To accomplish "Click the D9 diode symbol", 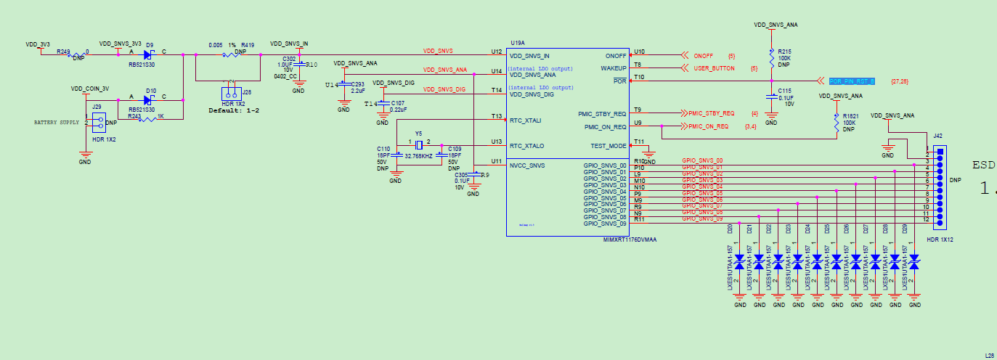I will (x=149, y=54).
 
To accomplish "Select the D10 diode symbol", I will (x=150, y=100).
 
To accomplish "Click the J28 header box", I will (x=232, y=94).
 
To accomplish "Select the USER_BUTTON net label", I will (x=714, y=68).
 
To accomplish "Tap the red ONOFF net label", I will (x=703, y=56).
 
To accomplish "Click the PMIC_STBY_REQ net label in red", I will (x=712, y=113).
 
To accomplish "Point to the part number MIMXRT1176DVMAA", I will (x=630, y=239).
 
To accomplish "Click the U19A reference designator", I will (x=518, y=44).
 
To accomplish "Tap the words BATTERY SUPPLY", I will (x=55, y=123).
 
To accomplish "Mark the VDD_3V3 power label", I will (x=37, y=44).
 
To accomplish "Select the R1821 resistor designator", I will (x=850, y=116).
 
